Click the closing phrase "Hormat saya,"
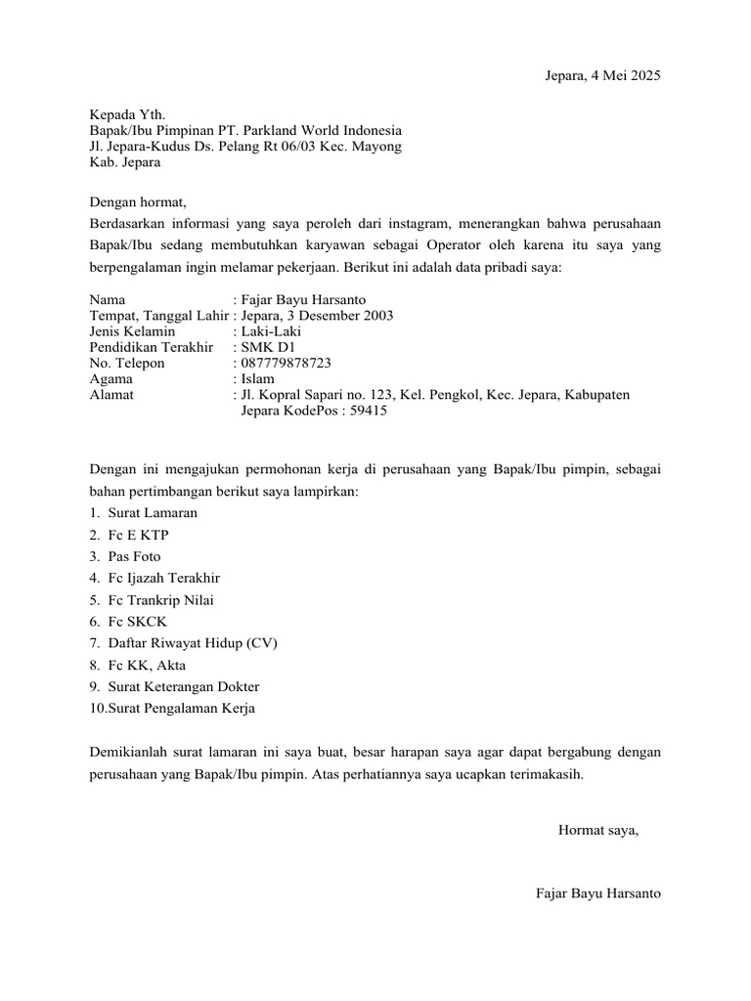pos(597,830)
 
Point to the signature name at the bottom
pos(598,892)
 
